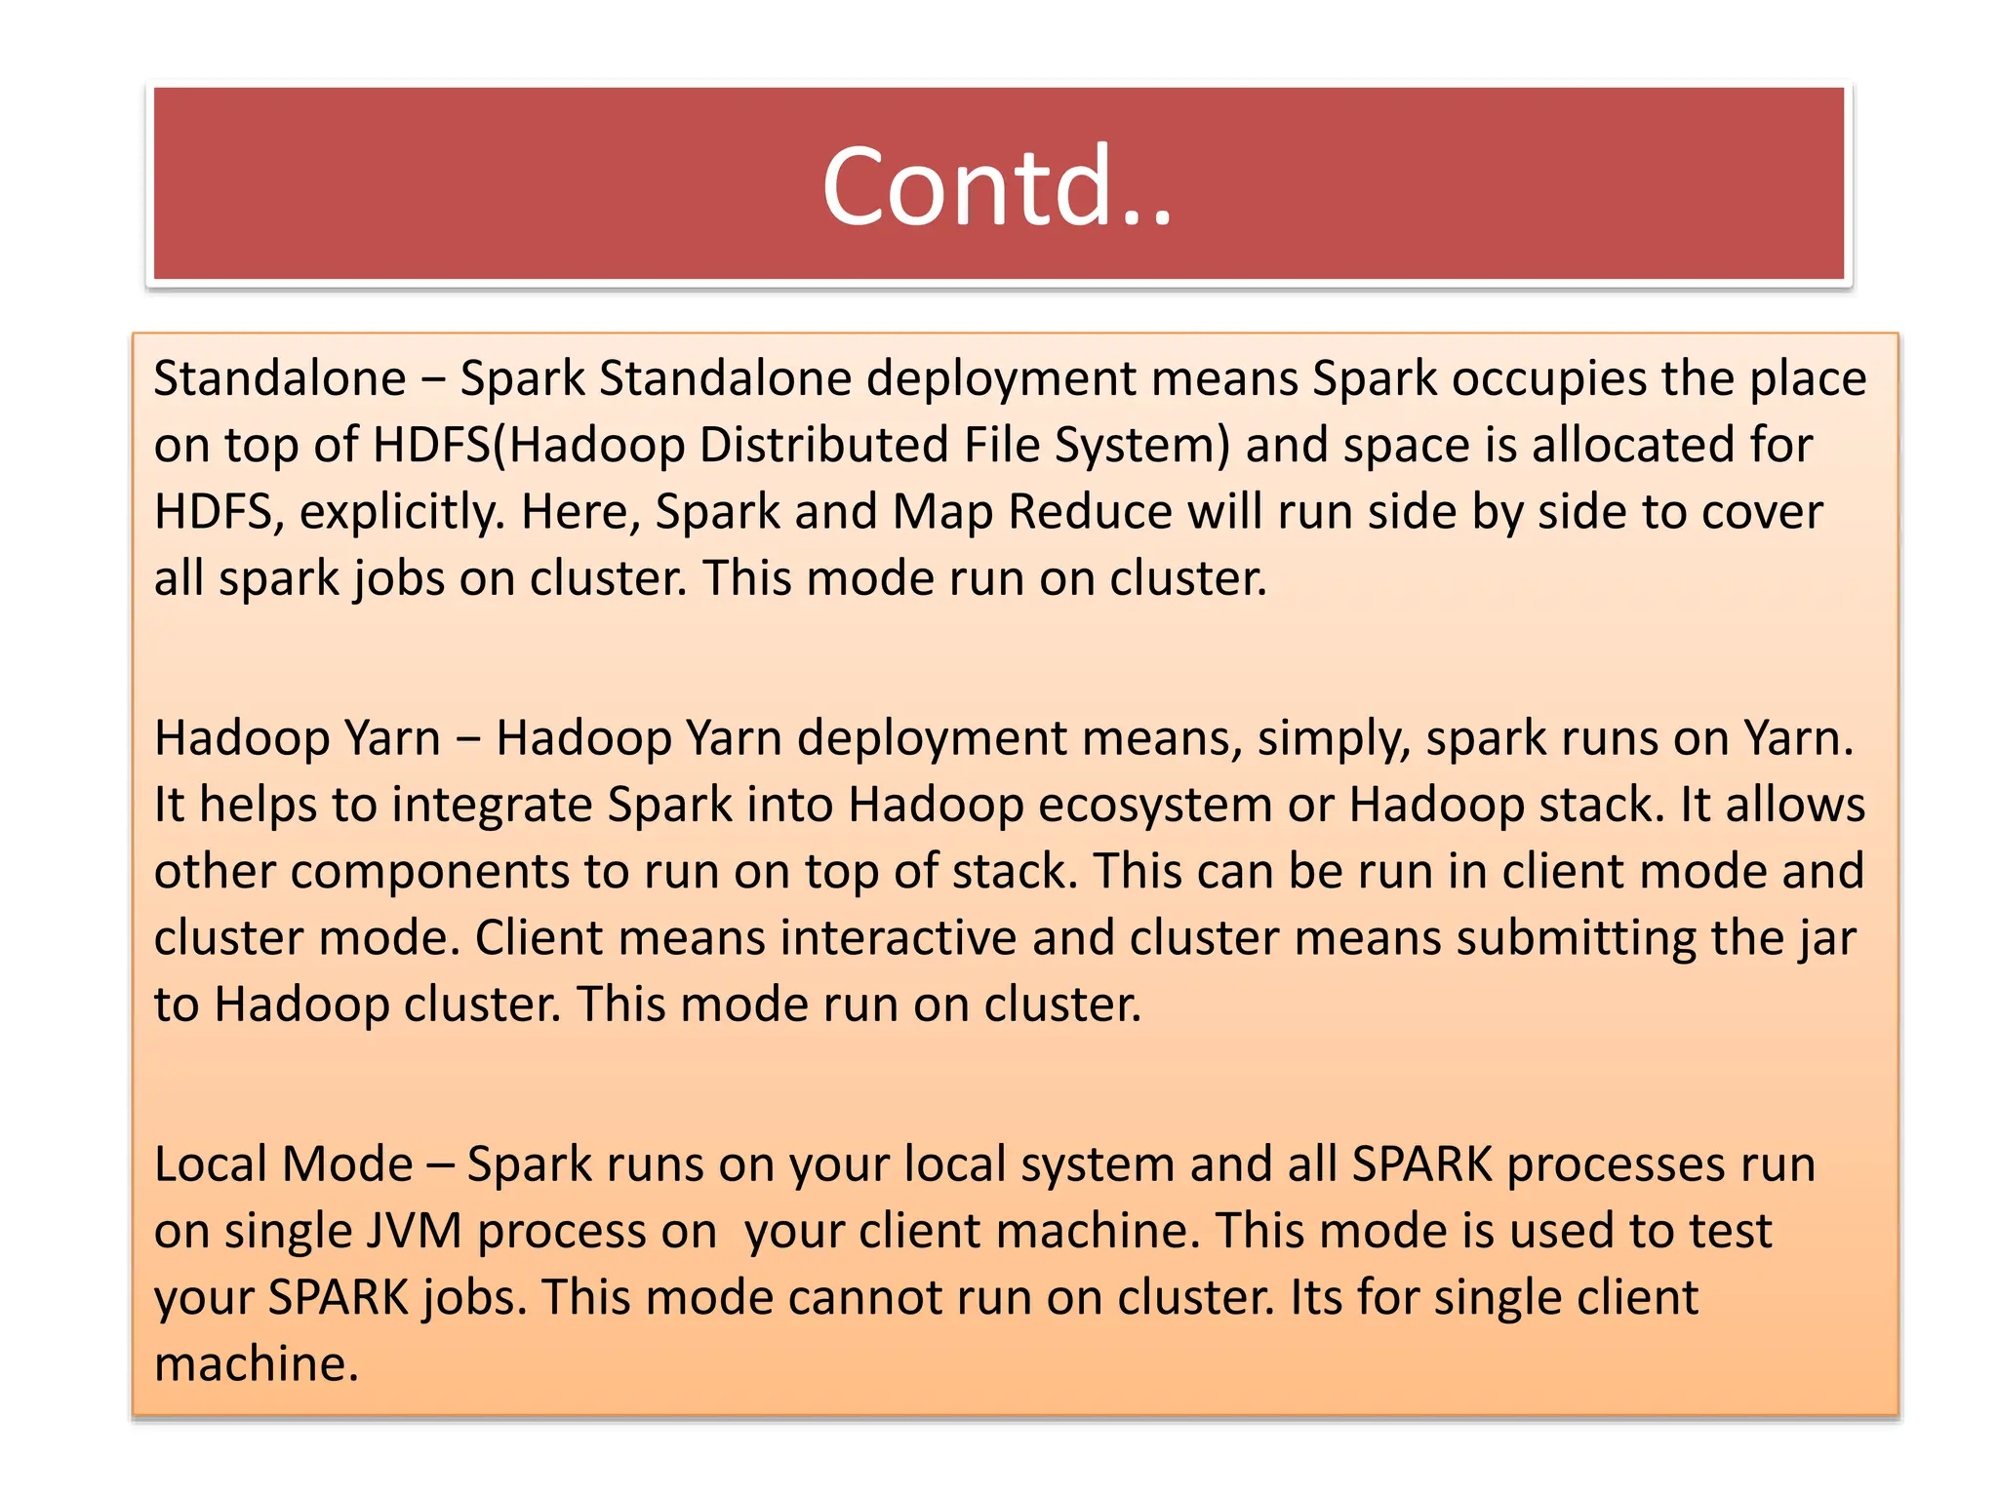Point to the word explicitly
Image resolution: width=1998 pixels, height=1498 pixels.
(402, 512)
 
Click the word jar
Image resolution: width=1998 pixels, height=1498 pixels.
(1831, 938)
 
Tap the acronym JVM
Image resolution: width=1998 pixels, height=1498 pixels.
(414, 1231)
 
